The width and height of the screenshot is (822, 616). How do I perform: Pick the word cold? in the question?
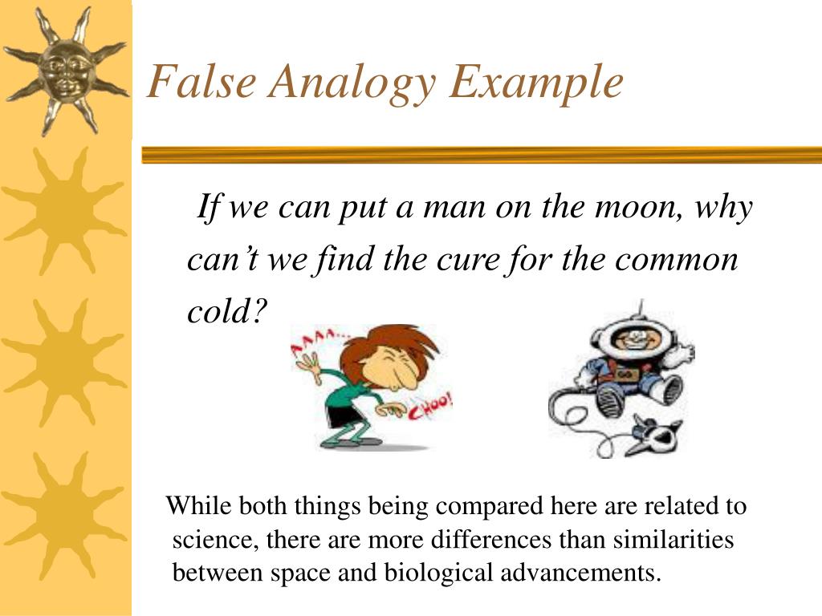[226, 311]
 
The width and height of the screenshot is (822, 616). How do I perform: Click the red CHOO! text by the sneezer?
[431, 410]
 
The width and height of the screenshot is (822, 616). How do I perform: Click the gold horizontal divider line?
[482, 155]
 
